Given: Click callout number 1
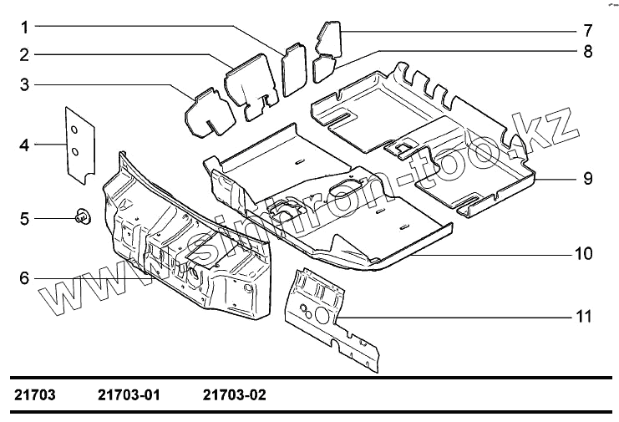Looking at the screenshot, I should [25, 27].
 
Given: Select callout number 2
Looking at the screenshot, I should [25, 55].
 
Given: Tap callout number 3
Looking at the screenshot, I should [25, 84].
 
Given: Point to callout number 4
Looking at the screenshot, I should [25, 145].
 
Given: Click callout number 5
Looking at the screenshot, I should [25, 219].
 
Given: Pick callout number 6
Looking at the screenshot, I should [25, 278].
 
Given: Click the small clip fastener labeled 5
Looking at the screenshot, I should [83, 217].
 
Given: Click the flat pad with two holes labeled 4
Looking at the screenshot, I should [79, 143].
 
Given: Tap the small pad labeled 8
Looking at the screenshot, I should [324, 66].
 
